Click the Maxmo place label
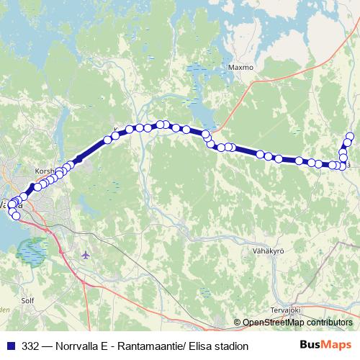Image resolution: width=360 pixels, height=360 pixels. click(x=241, y=68)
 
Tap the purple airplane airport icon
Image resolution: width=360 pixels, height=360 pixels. click(x=87, y=254)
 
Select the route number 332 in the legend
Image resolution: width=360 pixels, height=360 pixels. click(x=31, y=346)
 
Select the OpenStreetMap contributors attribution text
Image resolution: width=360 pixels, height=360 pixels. click(x=297, y=323)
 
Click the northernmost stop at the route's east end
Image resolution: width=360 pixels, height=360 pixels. click(x=350, y=136)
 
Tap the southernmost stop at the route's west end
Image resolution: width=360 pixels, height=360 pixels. click(x=16, y=215)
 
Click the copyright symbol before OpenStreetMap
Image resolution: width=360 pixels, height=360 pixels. click(x=238, y=323)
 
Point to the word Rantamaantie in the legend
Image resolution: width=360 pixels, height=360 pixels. click(x=149, y=346)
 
